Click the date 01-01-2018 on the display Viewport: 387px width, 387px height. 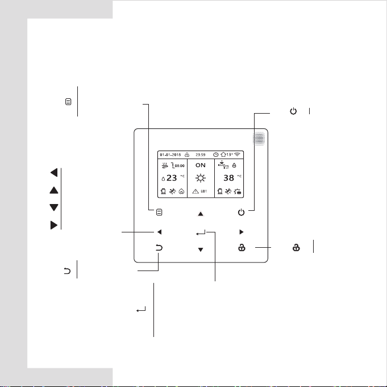(170, 155)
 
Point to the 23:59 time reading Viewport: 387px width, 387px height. (201, 155)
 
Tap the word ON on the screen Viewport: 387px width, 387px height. (201, 165)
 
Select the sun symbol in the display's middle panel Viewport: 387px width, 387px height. (201, 178)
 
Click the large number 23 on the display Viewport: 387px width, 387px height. (172, 178)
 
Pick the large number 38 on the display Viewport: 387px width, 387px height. (228, 178)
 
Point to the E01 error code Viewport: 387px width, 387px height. (203, 192)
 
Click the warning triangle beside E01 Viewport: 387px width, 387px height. (195, 192)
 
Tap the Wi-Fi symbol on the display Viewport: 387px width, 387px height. (237, 155)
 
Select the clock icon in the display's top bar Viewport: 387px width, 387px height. (216, 155)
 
